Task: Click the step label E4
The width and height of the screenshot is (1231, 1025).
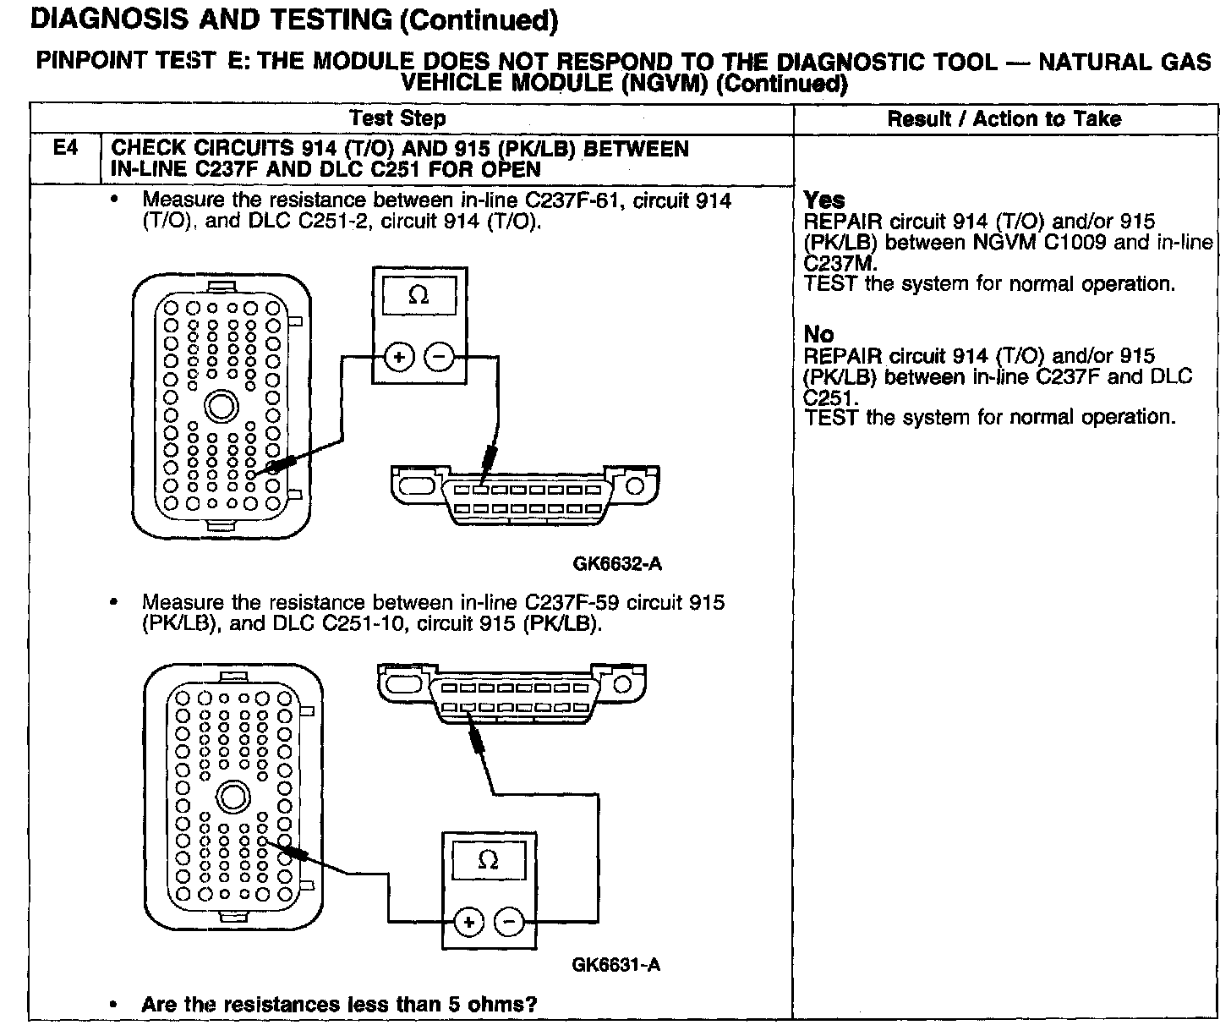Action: pos(65,149)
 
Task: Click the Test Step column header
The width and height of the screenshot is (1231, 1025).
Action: pos(397,118)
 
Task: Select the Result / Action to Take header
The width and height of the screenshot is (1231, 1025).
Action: pos(1004,118)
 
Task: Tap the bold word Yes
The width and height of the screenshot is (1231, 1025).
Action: pos(824,200)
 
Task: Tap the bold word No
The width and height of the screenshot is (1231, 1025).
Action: pos(818,335)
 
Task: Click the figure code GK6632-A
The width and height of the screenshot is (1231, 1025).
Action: pos(616,563)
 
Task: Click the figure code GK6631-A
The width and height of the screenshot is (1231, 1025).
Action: pos(616,965)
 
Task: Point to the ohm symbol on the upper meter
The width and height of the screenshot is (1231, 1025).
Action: pos(419,296)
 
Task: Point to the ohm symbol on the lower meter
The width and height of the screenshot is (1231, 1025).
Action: pos(488,861)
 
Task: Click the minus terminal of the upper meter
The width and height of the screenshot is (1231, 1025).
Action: pos(439,358)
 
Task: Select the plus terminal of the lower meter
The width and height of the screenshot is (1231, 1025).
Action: pos(468,922)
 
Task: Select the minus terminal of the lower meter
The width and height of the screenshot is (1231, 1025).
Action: pos(509,922)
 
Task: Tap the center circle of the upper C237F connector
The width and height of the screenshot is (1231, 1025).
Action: pos(222,408)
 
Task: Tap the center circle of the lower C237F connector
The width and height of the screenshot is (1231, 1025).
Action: pos(233,796)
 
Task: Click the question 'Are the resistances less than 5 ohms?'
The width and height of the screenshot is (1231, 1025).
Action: pos(339,1005)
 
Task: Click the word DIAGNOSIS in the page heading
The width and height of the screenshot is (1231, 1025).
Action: pos(106,19)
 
